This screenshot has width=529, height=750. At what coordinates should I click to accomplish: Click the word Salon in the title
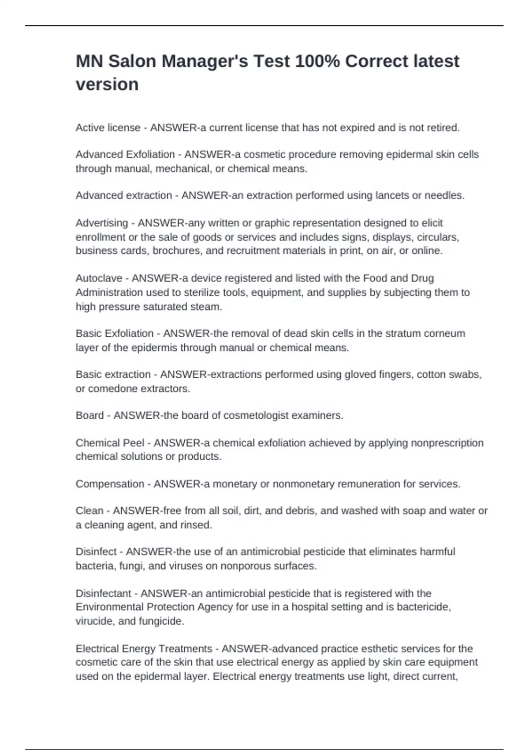(132, 61)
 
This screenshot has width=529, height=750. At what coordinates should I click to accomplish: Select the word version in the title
(107, 84)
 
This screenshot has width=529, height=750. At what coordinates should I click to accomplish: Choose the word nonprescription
(447, 443)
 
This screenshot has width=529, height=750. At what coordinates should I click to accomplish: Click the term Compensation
(110, 484)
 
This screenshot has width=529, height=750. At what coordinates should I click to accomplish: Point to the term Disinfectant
(103, 593)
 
